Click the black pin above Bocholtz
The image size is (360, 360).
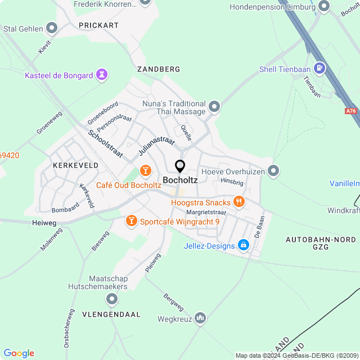click(180, 166)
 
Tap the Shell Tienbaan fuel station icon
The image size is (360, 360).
click(320, 69)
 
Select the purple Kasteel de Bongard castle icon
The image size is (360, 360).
click(102, 75)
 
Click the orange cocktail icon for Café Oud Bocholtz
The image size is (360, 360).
click(145, 170)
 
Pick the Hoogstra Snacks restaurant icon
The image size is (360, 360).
click(240, 202)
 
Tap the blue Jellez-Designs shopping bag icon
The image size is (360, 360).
click(243, 245)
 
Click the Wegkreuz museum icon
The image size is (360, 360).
click(201, 319)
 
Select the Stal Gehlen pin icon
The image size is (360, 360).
click(52, 28)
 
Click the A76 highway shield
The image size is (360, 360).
click(352, 111)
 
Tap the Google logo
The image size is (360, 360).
click(19, 353)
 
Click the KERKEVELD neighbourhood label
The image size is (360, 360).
click(75, 165)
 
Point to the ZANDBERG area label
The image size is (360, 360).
click(159, 69)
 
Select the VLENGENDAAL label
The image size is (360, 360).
click(111, 314)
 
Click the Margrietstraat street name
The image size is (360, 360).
click(206, 213)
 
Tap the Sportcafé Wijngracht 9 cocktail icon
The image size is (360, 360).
click(131, 221)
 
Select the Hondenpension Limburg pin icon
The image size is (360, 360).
click(323, 7)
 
